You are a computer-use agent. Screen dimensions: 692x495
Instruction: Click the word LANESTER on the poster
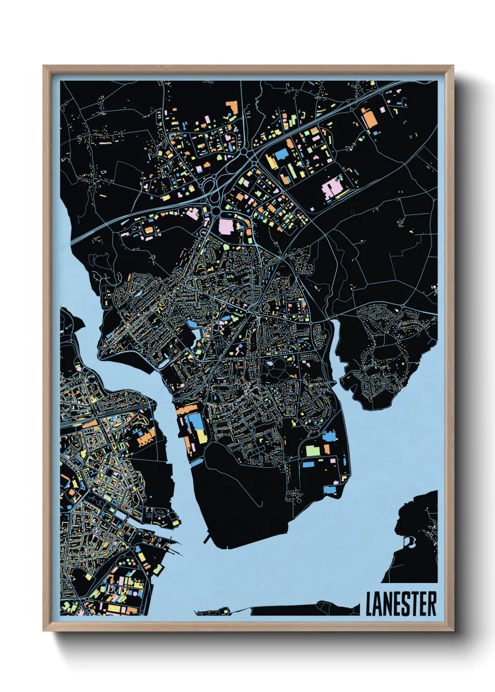point(401,604)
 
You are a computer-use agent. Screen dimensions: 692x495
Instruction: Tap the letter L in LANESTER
point(369,604)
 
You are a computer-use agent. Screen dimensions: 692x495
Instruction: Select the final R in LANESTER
point(431,604)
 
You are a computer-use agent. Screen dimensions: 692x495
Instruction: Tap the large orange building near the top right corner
point(369,118)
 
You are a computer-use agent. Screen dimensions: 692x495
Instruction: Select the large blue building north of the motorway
point(281,155)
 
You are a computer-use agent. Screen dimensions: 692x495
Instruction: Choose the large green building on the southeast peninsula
point(312,451)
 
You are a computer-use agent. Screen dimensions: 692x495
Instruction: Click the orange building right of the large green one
point(327,449)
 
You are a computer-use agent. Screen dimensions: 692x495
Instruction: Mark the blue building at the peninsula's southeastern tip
point(330,490)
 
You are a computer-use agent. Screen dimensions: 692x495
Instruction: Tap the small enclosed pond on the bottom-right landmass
point(411,541)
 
